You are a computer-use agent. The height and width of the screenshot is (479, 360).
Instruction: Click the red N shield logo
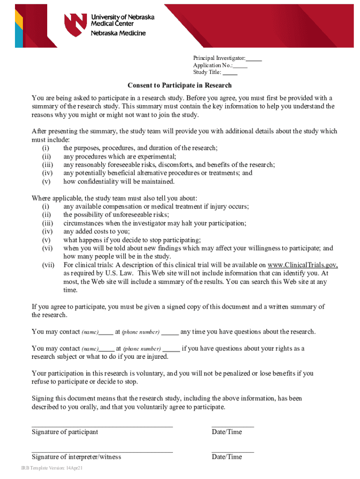coord(76,24)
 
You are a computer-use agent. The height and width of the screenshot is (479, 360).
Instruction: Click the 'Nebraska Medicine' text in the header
coord(118,33)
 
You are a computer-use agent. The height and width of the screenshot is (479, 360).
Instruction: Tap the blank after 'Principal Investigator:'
coord(254,58)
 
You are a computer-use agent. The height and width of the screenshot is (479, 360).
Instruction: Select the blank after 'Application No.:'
coord(240,65)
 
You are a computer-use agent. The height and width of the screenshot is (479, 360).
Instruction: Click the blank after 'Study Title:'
coord(230,73)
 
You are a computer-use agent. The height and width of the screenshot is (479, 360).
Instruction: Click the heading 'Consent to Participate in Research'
coord(180,86)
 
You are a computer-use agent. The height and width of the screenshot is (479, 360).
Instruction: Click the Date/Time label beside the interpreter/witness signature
coord(227,457)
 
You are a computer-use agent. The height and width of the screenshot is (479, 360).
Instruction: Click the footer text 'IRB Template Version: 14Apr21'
coord(51,468)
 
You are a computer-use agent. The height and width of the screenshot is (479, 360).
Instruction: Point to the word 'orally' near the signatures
coord(88,407)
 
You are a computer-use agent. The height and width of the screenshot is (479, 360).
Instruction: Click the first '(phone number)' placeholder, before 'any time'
coord(141,332)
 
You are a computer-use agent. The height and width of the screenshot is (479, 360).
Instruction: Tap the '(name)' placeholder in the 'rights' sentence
coord(90,349)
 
